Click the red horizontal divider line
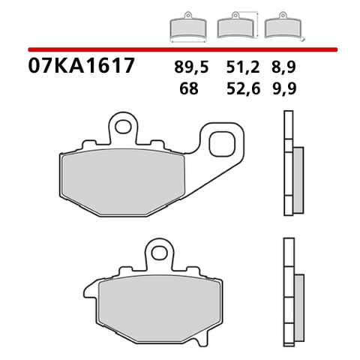[x=180, y=49]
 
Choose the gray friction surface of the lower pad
[x=158, y=303]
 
